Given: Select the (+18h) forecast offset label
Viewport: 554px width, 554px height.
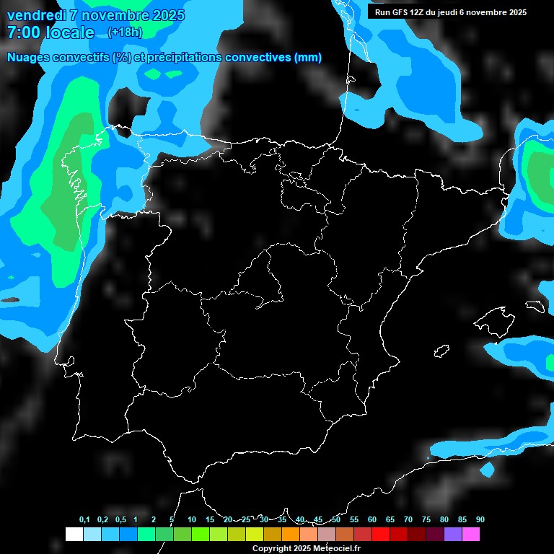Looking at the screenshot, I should click(125, 32).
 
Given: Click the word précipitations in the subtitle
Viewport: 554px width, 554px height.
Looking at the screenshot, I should click(183, 58).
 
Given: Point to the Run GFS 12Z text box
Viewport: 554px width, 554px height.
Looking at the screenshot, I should click(451, 12).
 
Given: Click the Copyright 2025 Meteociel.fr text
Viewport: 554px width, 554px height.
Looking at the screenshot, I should click(306, 548).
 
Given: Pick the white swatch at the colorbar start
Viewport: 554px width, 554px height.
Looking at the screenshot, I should click(74, 535).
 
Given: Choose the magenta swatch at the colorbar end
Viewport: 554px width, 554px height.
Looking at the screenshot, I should click(470, 535).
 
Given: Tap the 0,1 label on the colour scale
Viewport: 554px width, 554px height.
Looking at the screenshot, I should click(84, 520).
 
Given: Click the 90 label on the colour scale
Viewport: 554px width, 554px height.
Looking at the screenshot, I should click(480, 520).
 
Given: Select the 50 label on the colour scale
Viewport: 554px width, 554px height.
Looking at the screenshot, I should click(336, 520).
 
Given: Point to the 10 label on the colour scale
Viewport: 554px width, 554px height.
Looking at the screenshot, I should click(191, 520).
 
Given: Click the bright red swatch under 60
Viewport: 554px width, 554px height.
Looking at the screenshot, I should click(380, 535).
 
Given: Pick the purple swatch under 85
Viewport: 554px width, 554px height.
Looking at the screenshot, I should click(452, 535).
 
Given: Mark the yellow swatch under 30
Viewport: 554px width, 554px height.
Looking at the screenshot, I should click(254, 535).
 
